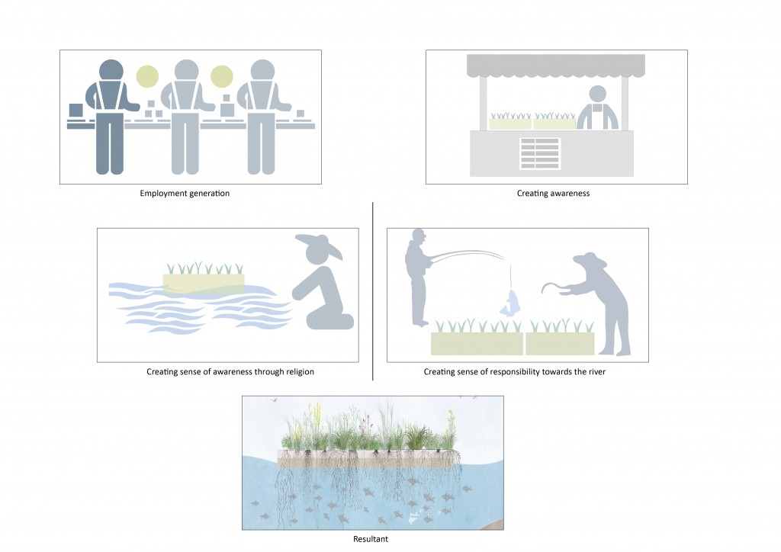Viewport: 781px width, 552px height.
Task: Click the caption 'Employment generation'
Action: click(x=185, y=194)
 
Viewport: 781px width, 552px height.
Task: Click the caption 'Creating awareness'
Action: click(x=553, y=194)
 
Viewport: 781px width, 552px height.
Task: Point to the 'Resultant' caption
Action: click(x=371, y=540)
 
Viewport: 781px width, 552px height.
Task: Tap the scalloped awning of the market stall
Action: click(x=556, y=66)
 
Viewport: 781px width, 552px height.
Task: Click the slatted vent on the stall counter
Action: click(x=540, y=153)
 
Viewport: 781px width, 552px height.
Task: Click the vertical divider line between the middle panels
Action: click(x=373, y=290)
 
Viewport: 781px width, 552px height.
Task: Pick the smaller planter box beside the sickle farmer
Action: click(x=560, y=343)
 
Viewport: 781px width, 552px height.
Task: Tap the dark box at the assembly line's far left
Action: click(x=76, y=111)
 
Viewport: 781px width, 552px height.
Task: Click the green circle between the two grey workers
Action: click(x=221, y=76)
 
